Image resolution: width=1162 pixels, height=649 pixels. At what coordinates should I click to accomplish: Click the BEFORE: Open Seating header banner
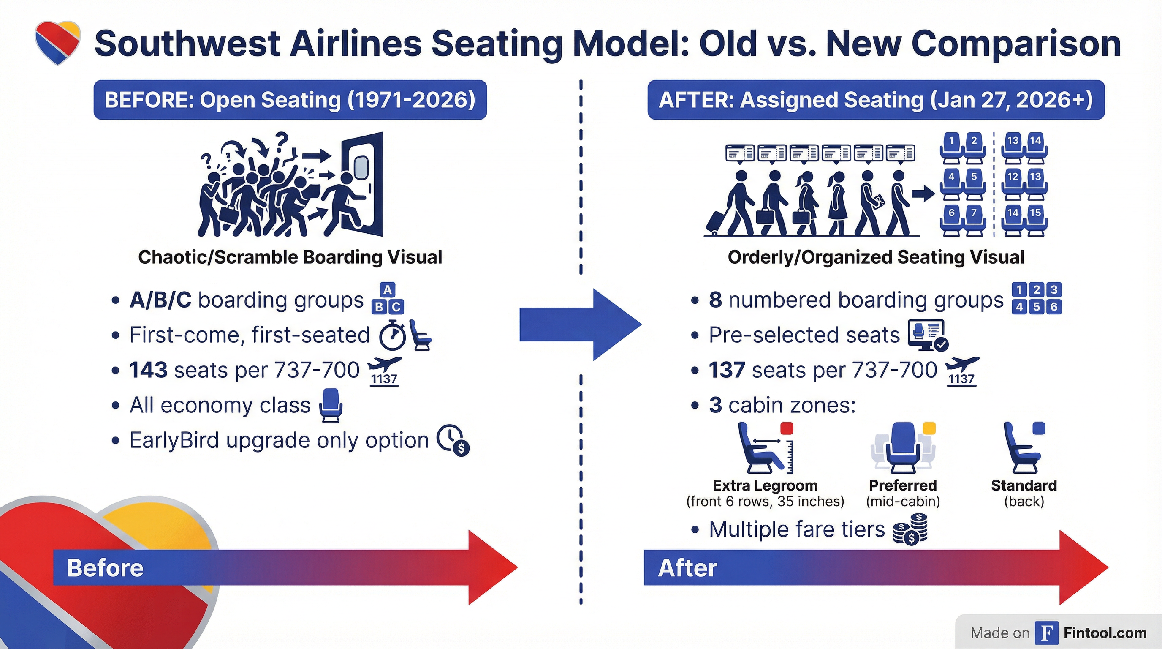point(290,100)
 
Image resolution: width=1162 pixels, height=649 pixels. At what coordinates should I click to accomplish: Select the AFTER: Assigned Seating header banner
point(876,100)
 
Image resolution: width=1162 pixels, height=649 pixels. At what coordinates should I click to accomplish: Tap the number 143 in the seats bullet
point(148,370)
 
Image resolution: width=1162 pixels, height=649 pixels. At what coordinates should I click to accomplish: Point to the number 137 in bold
point(727,370)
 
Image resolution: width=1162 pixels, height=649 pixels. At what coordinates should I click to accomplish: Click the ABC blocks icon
point(388,298)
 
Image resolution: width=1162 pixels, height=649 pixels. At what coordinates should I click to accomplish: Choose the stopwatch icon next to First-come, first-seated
point(392,335)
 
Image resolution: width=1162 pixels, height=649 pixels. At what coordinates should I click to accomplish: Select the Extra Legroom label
point(765,485)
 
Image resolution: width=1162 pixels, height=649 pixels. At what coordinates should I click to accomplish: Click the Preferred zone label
point(903,485)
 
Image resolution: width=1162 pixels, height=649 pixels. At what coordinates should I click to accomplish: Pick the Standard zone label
point(1024,485)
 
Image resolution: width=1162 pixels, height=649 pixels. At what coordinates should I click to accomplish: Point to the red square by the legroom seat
point(787,428)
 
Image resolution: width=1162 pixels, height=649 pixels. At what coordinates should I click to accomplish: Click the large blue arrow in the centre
point(581,324)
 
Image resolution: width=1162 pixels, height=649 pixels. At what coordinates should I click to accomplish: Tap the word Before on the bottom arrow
point(105,568)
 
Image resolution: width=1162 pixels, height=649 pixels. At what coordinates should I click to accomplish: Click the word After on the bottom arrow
point(687,568)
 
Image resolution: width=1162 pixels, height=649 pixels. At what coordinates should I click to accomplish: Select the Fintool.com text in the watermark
point(1105,633)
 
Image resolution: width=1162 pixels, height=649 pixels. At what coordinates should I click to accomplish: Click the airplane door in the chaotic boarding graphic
point(362,183)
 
